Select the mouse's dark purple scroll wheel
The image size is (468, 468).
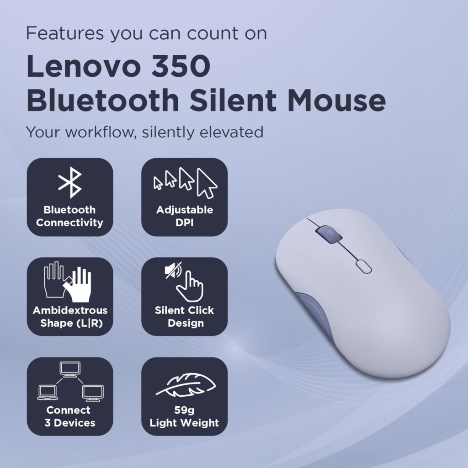327,234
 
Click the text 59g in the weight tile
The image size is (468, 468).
184,410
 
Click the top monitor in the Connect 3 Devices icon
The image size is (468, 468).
70,369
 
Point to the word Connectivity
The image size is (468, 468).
70,223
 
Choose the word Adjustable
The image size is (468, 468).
184,210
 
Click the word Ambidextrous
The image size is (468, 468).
70,310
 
